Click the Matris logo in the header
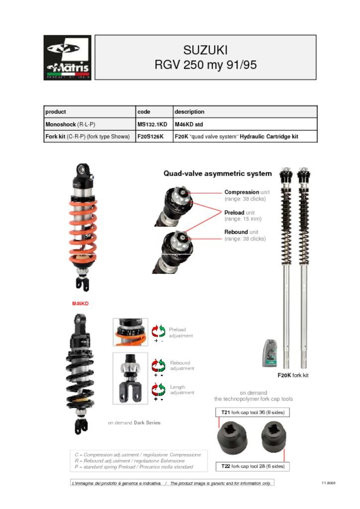pos(67,58)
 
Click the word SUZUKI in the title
pos(205,50)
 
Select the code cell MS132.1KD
pos(152,124)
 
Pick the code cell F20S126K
pos(150,137)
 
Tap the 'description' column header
pos(189,112)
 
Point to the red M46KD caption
pos(80,303)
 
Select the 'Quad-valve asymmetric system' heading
pos(218,173)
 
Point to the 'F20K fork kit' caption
pos(293,375)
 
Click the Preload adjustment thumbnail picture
pos(130,332)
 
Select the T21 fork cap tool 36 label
pos(253,413)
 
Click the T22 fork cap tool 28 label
pos(253,466)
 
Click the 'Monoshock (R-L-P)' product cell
pos(70,124)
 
